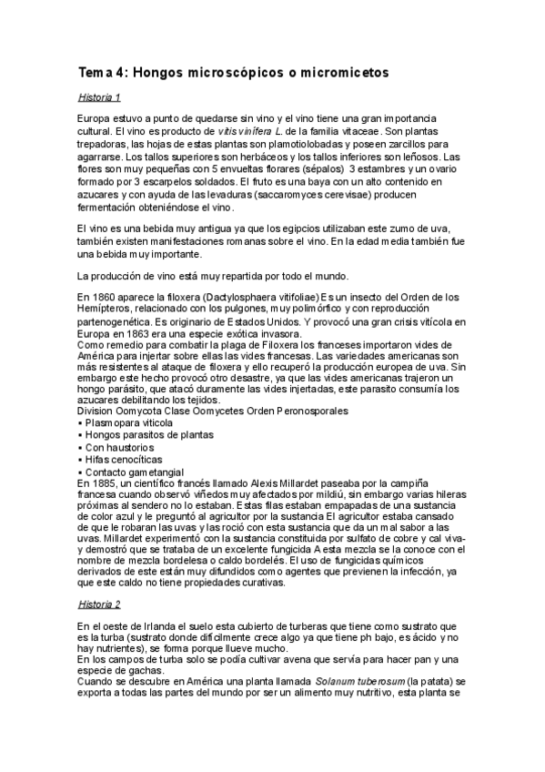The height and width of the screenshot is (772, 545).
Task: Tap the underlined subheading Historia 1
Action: [x=100, y=96]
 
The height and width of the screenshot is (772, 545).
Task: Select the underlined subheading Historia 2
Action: [x=100, y=604]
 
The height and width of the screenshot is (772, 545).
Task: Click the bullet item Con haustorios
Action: [x=119, y=448]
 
